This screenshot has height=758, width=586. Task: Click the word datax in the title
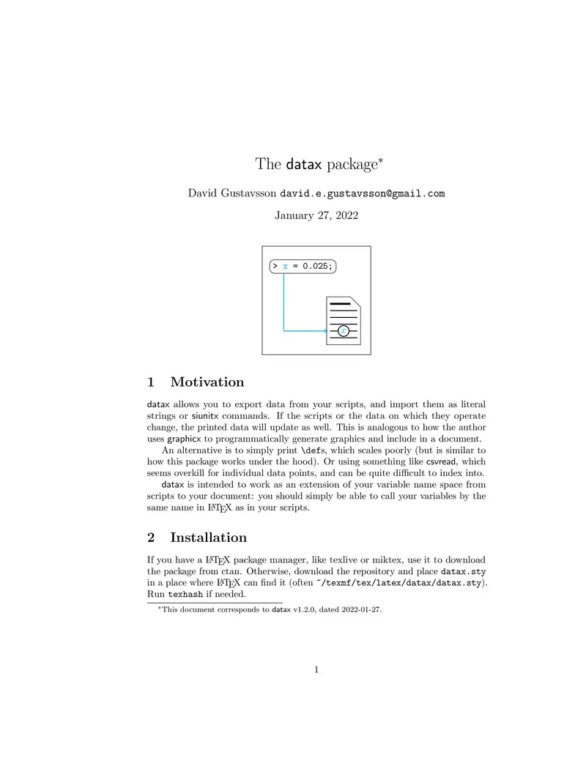(x=304, y=164)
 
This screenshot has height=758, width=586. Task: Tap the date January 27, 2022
(x=316, y=215)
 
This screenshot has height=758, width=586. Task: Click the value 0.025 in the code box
(x=316, y=266)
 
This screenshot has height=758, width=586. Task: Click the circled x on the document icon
(x=344, y=331)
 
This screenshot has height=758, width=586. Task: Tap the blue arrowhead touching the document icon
(x=325, y=331)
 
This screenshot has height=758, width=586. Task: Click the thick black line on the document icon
(x=341, y=304)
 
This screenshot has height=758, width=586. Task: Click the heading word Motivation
(x=207, y=382)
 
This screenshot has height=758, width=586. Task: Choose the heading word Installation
(x=208, y=538)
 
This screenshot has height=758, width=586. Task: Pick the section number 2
(x=151, y=538)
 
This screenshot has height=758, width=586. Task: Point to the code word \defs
(x=317, y=450)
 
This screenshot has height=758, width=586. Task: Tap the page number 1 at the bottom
(x=316, y=669)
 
